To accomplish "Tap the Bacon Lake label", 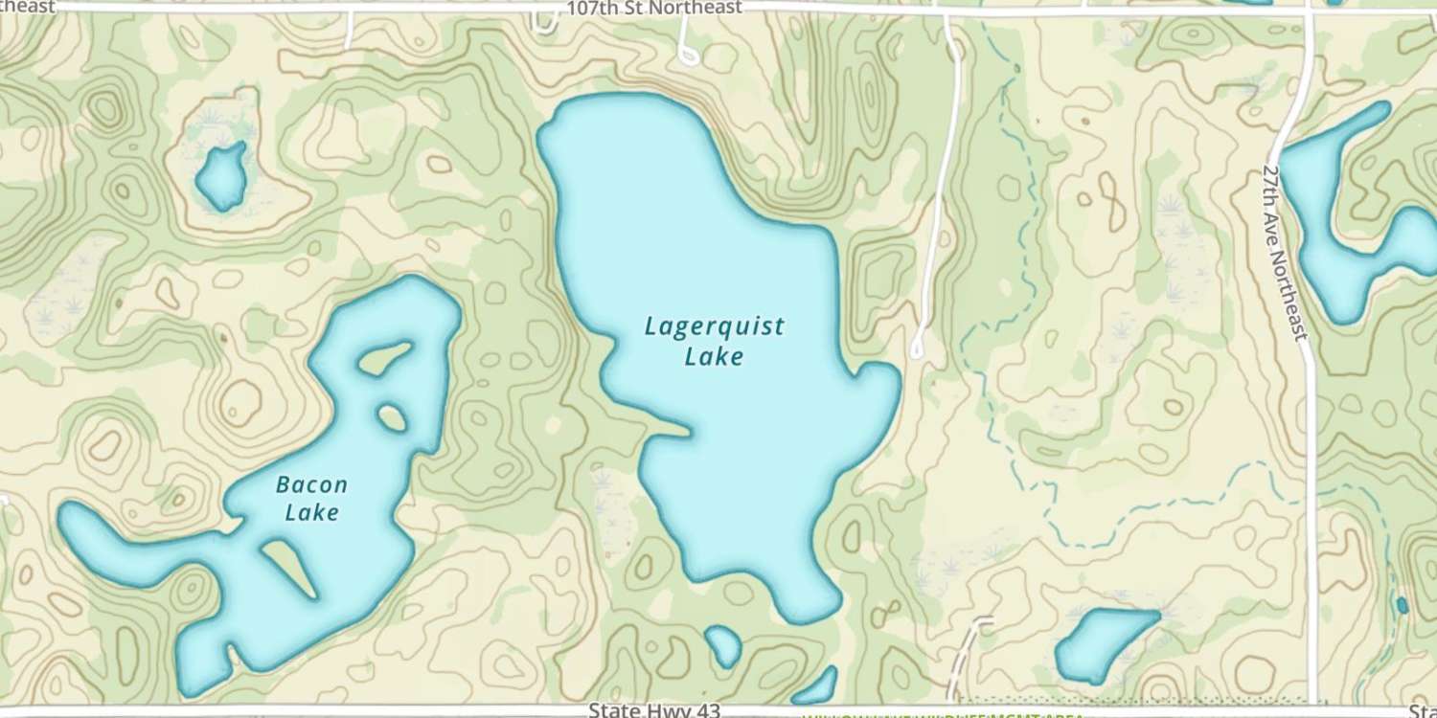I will click(311, 498).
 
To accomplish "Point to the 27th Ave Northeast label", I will click(1284, 251).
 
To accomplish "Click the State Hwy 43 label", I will click(654, 710).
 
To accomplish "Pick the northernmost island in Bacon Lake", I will click(382, 358).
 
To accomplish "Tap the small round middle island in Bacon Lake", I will click(391, 417).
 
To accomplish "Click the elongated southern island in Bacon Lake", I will click(288, 565).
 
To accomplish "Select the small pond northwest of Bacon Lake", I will click(221, 176).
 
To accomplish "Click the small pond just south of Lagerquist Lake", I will click(723, 646).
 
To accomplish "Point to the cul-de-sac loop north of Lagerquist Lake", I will click(688, 54).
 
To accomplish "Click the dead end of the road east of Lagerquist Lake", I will click(918, 349).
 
